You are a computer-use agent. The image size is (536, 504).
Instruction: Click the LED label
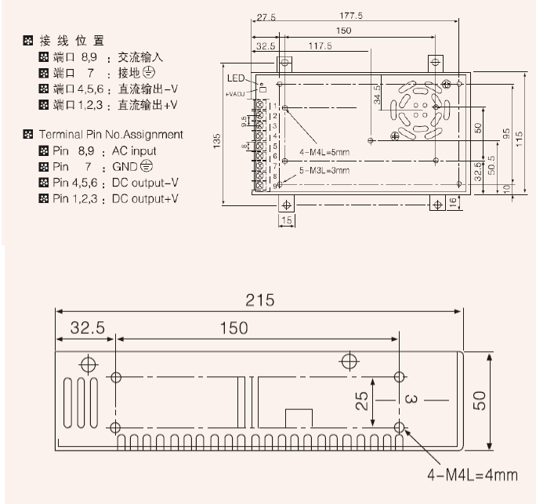(x=236, y=78)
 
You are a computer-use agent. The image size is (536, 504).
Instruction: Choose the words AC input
(x=134, y=150)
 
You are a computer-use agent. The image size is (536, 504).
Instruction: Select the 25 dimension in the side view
(x=362, y=401)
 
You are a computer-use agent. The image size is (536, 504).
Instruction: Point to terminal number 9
(x=274, y=185)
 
